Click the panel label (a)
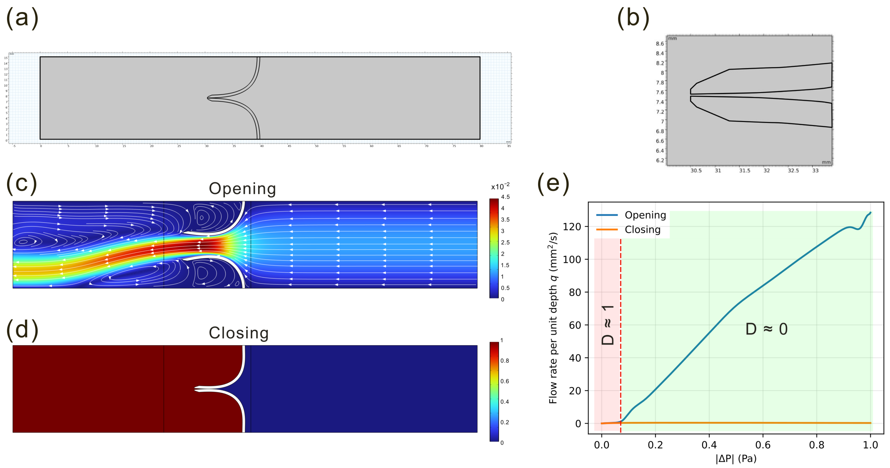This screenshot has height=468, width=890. (22, 18)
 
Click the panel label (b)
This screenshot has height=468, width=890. (633, 18)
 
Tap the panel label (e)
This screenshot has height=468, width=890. (553, 183)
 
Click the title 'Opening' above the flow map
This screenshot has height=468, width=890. (242, 189)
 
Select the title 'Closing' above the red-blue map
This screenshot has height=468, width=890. (239, 333)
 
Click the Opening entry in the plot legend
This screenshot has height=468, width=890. (645, 215)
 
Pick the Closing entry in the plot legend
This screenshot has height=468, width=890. (642, 229)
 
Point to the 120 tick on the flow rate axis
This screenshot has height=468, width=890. (572, 227)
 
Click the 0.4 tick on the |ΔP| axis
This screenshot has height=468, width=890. (709, 445)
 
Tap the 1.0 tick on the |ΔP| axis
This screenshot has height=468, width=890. (870, 445)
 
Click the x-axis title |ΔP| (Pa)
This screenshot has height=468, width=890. (736, 459)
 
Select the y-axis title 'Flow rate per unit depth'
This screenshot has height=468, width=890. (553, 318)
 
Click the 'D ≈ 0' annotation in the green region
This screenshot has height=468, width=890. (766, 329)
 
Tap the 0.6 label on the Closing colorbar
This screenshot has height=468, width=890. (504, 381)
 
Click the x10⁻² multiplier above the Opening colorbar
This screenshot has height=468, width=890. (500, 186)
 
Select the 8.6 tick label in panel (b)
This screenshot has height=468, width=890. (660, 44)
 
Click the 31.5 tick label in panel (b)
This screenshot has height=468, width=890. (744, 171)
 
